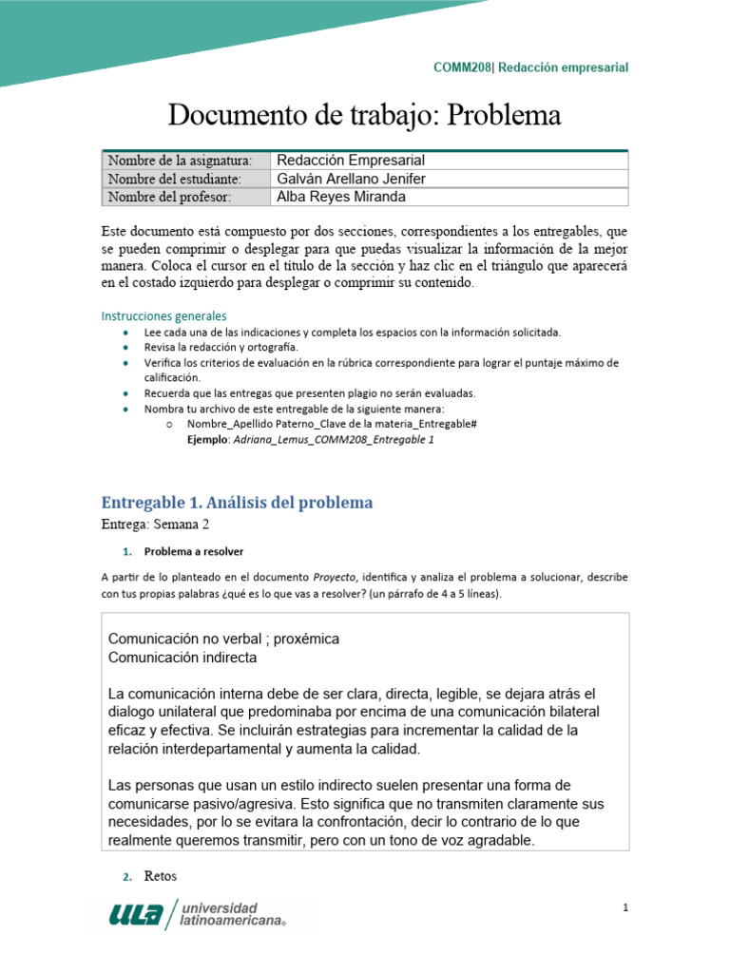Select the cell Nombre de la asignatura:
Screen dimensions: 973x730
180,160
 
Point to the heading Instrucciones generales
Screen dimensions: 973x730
163,315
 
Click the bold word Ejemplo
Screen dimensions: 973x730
209,439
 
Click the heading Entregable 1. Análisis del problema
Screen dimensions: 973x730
237,502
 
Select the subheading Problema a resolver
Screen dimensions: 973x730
194,551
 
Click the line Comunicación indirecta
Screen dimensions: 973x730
182,657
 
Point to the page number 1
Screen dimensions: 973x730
625,908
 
